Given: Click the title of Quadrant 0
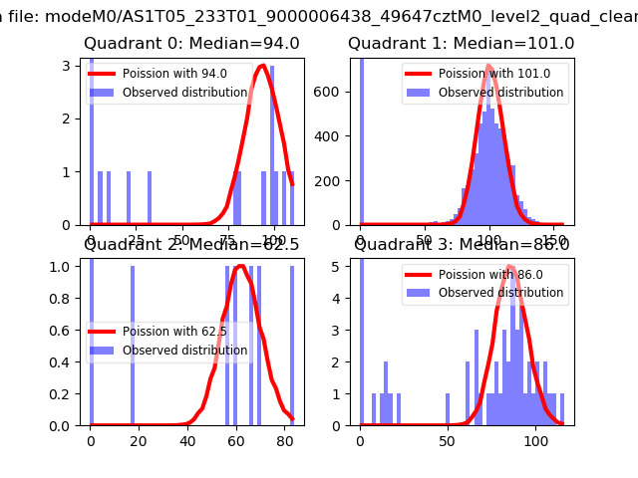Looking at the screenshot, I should click(191, 44).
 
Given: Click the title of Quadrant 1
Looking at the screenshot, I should click(461, 44).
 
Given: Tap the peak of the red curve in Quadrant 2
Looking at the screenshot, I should click(240, 266).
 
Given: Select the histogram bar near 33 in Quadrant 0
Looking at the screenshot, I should click(150, 198).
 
